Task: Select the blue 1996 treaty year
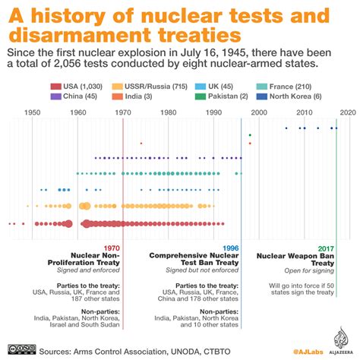(x=230, y=248)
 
